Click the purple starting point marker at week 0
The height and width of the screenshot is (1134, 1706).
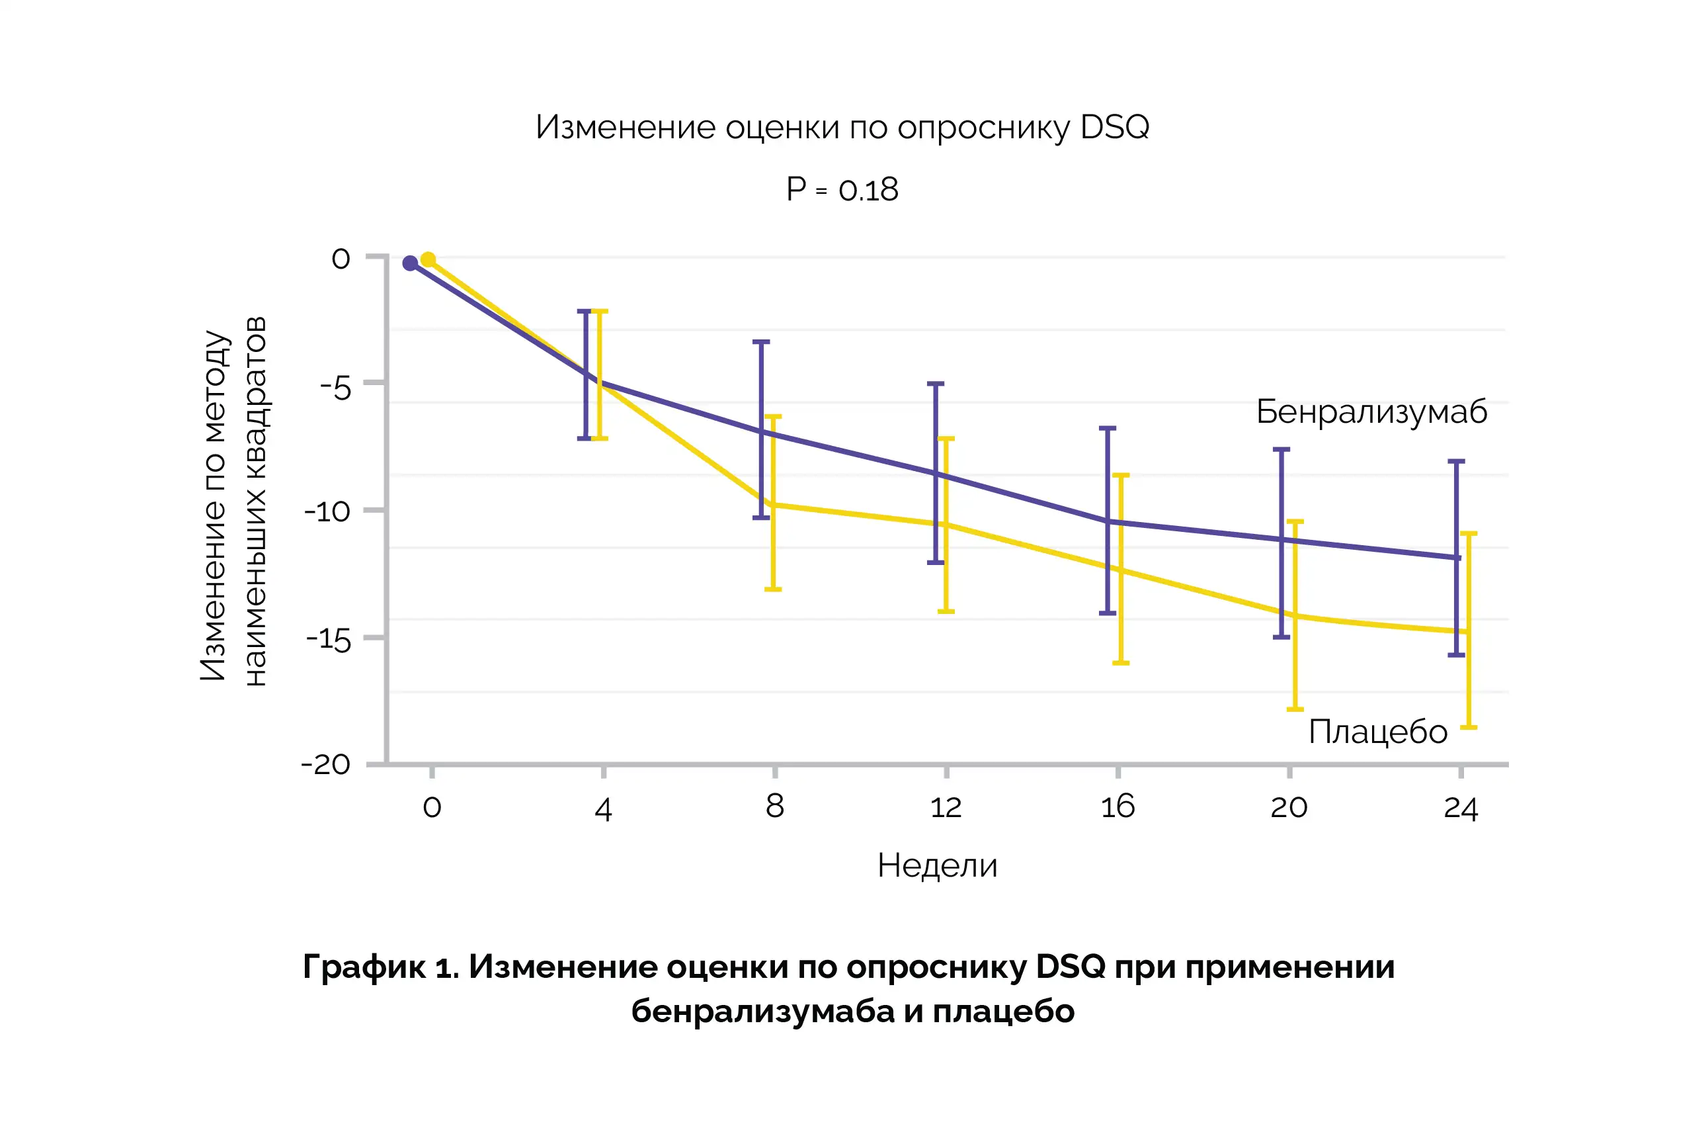(410, 263)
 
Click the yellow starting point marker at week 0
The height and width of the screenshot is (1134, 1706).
(428, 259)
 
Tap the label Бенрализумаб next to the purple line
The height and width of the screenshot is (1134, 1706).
(1371, 412)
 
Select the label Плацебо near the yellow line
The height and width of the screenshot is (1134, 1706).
(1378, 732)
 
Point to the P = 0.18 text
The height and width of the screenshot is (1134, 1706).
(842, 189)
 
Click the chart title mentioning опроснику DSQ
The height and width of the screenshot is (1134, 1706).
(842, 127)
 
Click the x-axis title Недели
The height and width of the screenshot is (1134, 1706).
(937, 865)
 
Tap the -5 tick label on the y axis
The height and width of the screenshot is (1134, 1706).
(335, 389)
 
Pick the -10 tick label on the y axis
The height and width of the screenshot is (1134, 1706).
(327, 512)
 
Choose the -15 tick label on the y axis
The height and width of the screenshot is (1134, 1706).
(328, 639)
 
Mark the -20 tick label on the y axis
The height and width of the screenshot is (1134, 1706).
(326, 764)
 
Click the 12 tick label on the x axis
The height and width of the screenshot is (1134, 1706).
(946, 807)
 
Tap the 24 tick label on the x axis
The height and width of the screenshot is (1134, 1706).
(1460, 808)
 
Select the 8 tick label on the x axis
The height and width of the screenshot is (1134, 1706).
(774, 807)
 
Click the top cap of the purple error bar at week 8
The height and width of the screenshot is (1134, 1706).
(761, 341)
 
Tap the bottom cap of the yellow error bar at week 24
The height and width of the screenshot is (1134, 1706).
(1468, 727)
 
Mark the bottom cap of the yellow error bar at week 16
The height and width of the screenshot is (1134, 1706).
(1120, 662)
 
